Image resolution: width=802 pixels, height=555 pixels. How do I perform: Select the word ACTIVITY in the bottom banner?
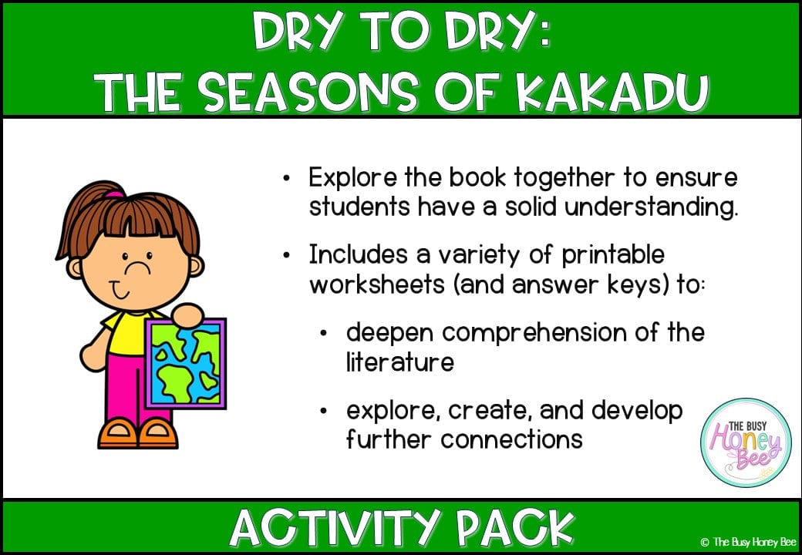[333, 527]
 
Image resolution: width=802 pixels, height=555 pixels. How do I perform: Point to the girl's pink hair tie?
[113, 194]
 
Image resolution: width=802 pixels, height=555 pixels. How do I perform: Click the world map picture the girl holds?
[185, 363]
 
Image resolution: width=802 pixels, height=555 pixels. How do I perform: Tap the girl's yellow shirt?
[124, 331]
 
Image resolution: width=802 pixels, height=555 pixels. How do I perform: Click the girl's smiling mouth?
[121, 293]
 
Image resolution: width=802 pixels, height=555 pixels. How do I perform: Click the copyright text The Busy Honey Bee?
[748, 542]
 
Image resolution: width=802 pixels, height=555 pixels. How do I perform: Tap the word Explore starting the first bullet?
[352, 179]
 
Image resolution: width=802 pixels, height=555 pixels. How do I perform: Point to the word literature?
[400, 362]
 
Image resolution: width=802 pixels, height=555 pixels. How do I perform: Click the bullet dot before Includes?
[287, 255]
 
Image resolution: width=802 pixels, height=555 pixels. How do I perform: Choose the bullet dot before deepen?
[324, 333]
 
